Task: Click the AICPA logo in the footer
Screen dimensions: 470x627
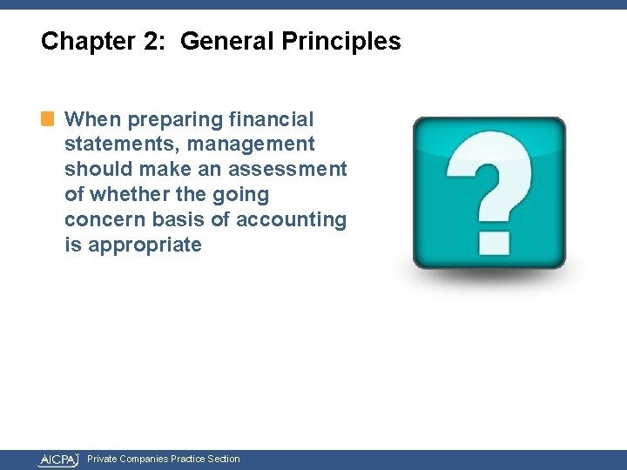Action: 58,460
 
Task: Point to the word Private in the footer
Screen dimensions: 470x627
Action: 102,459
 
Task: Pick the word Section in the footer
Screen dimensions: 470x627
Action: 224,459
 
